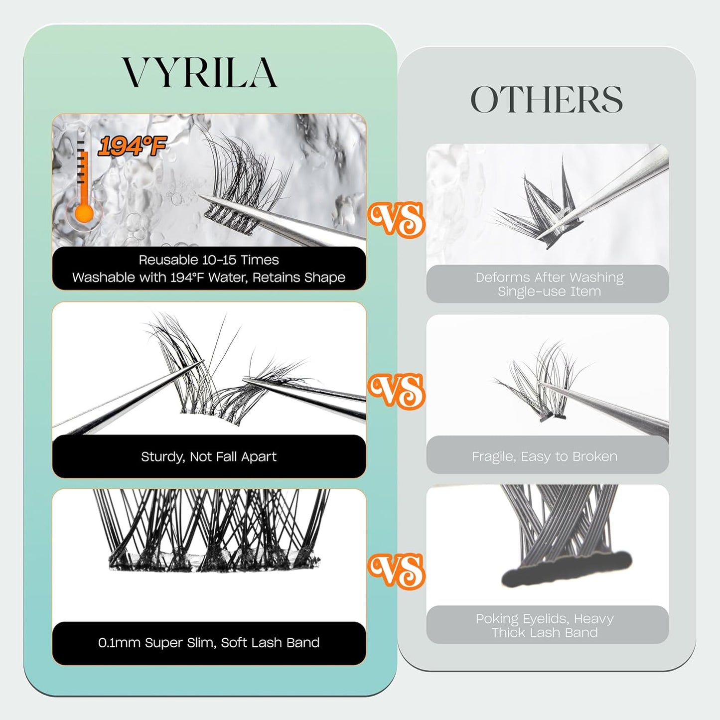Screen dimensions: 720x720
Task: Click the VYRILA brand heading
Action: pyautogui.click(x=200, y=73)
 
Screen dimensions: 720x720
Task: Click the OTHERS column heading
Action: pyautogui.click(x=547, y=100)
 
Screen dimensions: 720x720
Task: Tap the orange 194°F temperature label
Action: pyautogui.click(x=132, y=146)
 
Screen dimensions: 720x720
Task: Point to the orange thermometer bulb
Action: pyautogui.click(x=84, y=214)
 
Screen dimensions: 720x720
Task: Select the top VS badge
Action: pyautogui.click(x=397, y=219)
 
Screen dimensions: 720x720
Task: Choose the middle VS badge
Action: pyautogui.click(x=397, y=391)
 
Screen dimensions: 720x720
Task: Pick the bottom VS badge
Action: pyautogui.click(x=397, y=570)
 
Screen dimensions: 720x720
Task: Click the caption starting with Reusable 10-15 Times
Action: pyautogui.click(x=209, y=269)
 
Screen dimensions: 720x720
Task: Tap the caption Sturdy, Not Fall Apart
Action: pyautogui.click(x=209, y=456)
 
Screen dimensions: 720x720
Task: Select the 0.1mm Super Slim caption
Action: pyautogui.click(x=209, y=643)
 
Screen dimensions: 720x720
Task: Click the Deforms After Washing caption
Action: pyautogui.click(x=549, y=284)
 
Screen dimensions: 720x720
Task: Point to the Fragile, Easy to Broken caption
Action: pyautogui.click(x=545, y=456)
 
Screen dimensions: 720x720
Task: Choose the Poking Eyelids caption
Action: pyautogui.click(x=545, y=625)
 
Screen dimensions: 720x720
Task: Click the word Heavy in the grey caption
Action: pyautogui.click(x=594, y=619)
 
